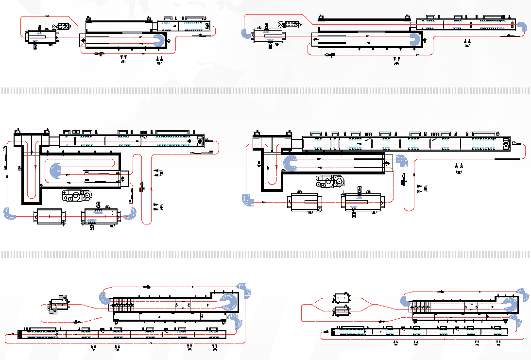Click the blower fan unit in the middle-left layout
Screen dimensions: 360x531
pyautogui.click(x=77, y=196)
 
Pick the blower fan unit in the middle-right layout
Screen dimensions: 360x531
pyautogui.click(x=330, y=182)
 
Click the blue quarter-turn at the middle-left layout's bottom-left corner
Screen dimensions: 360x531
pyautogui.click(x=9, y=213)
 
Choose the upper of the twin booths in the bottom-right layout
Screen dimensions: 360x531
pyautogui.click(x=342, y=297)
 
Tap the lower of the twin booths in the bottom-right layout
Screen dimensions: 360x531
pyautogui.click(x=342, y=311)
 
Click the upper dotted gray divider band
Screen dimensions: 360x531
pyautogui.click(x=265, y=90)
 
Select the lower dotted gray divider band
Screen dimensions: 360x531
pyautogui.click(x=265, y=255)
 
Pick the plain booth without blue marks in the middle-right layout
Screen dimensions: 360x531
pyautogui.click(x=304, y=202)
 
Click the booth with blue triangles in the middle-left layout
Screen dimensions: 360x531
pyautogui.click(x=101, y=216)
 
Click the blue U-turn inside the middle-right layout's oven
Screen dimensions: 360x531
pyautogui.click(x=291, y=164)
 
